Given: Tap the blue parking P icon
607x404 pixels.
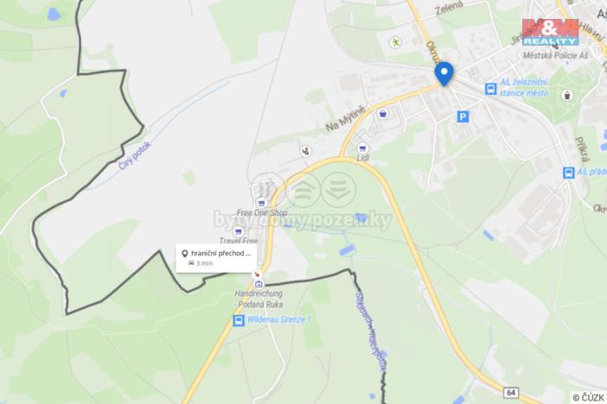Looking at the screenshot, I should click(463, 116).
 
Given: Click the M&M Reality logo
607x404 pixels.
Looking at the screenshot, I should click(550, 32).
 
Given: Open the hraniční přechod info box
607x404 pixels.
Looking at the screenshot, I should click(216, 257).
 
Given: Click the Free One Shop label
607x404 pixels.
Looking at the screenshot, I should click(262, 212).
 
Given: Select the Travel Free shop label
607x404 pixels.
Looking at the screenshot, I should click(239, 241).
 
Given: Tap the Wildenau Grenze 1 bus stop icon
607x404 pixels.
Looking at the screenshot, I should click(238, 320).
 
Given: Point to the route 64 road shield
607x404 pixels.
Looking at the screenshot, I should click(512, 392).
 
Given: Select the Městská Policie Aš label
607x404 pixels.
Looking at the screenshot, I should click(550, 55).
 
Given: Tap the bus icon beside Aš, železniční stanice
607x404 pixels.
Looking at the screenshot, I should click(490, 88).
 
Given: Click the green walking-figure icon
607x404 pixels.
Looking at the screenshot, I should click(396, 41).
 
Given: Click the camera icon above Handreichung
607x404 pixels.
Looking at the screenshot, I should click(259, 283).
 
